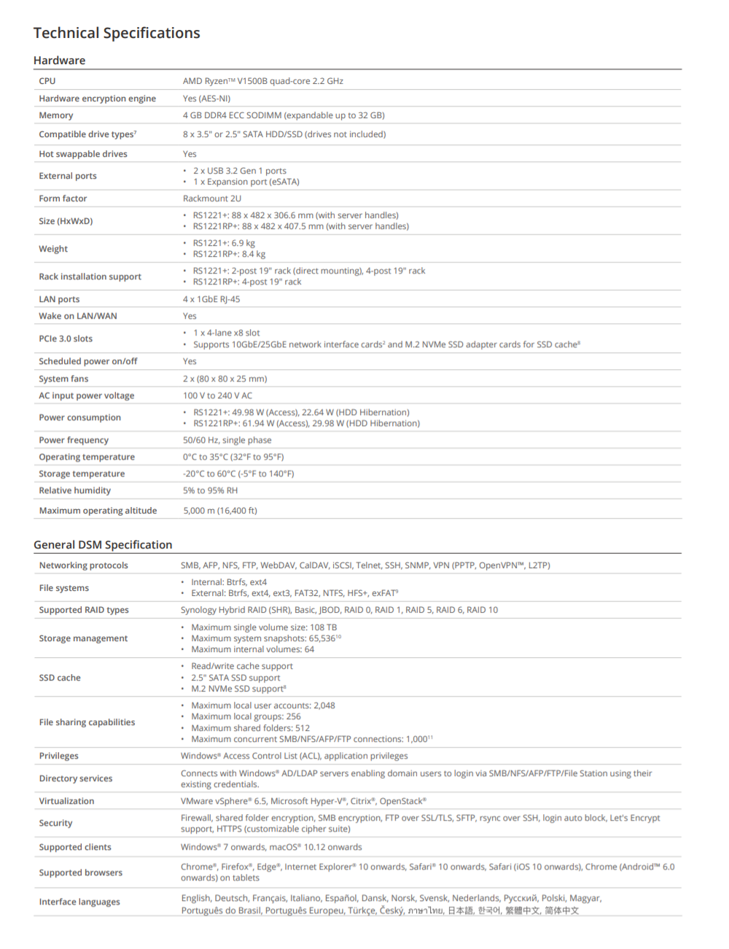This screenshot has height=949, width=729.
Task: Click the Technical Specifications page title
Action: click(x=117, y=33)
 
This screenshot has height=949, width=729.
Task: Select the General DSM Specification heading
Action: click(x=103, y=545)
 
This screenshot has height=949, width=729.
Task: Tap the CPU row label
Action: click(x=47, y=81)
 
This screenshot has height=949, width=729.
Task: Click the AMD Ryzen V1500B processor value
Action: click(x=262, y=81)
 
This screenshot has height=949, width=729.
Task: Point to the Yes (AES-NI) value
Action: click(x=206, y=98)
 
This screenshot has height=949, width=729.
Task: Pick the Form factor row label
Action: click(x=63, y=198)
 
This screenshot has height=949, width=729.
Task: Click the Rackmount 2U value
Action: click(x=211, y=198)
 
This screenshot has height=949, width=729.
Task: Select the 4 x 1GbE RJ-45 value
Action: click(x=211, y=299)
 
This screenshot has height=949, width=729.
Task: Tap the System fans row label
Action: click(x=63, y=379)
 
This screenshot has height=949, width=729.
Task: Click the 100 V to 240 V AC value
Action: click(x=217, y=395)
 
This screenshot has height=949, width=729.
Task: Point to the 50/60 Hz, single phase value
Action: click(x=227, y=440)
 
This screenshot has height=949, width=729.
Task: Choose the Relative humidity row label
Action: click(x=74, y=490)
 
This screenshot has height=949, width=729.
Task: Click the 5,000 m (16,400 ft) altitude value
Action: click(x=220, y=511)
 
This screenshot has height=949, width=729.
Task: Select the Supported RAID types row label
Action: click(x=84, y=610)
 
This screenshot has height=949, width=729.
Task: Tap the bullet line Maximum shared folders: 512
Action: click(x=250, y=728)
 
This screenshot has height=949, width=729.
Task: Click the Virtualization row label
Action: click(x=66, y=801)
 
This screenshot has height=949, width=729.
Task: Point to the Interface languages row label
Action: click(x=79, y=902)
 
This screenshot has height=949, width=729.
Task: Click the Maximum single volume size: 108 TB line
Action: click(x=264, y=627)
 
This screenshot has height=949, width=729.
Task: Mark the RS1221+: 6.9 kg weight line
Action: click(x=224, y=243)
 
